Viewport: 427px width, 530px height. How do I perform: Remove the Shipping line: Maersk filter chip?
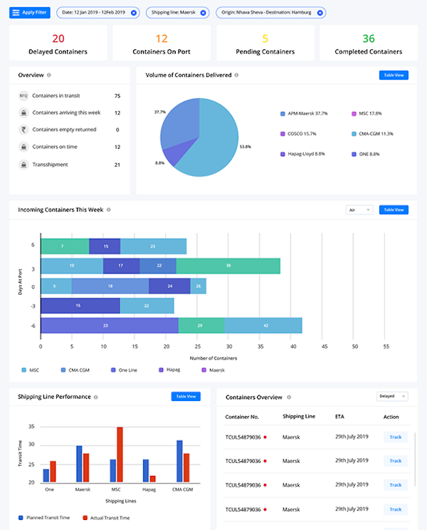(x=203, y=13)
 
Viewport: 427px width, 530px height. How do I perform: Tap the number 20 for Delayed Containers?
(x=58, y=38)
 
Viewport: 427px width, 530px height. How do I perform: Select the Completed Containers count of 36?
(x=368, y=38)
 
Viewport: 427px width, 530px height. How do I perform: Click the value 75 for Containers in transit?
(x=117, y=95)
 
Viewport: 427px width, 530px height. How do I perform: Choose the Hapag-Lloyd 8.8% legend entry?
(x=306, y=153)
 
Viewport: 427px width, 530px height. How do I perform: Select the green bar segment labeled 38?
(x=228, y=266)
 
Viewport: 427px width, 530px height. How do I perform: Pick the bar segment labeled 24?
(x=169, y=286)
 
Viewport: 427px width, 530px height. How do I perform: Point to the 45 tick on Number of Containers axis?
(x=324, y=347)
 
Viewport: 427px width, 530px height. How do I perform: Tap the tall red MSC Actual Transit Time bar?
(x=120, y=454)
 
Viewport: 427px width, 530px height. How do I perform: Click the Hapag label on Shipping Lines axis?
(x=149, y=489)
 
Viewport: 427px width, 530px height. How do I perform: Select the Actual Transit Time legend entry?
(x=107, y=517)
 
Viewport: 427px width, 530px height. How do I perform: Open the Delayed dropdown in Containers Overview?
(x=392, y=396)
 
